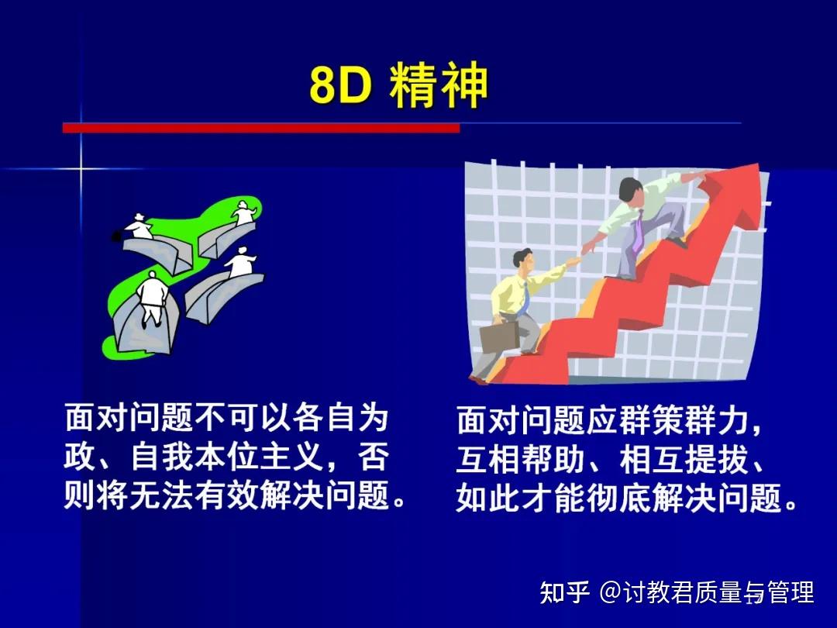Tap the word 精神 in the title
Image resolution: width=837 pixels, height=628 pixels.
click(x=439, y=88)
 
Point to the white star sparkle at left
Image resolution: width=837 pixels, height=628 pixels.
click(x=80, y=168)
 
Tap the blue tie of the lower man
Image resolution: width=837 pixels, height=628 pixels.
click(x=525, y=298)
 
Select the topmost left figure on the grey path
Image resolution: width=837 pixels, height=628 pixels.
click(x=139, y=226)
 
